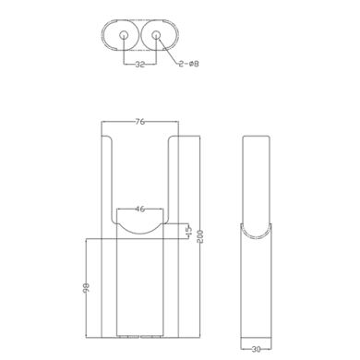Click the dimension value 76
[x=139, y=122]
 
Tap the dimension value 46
[x=140, y=210]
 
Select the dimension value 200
[x=200, y=236]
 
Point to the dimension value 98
[x=87, y=287]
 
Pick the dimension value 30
[x=256, y=349]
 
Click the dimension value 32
[x=140, y=65]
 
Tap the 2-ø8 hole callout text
[x=189, y=64]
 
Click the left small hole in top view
[x=124, y=35]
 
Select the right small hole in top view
[x=156, y=35]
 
